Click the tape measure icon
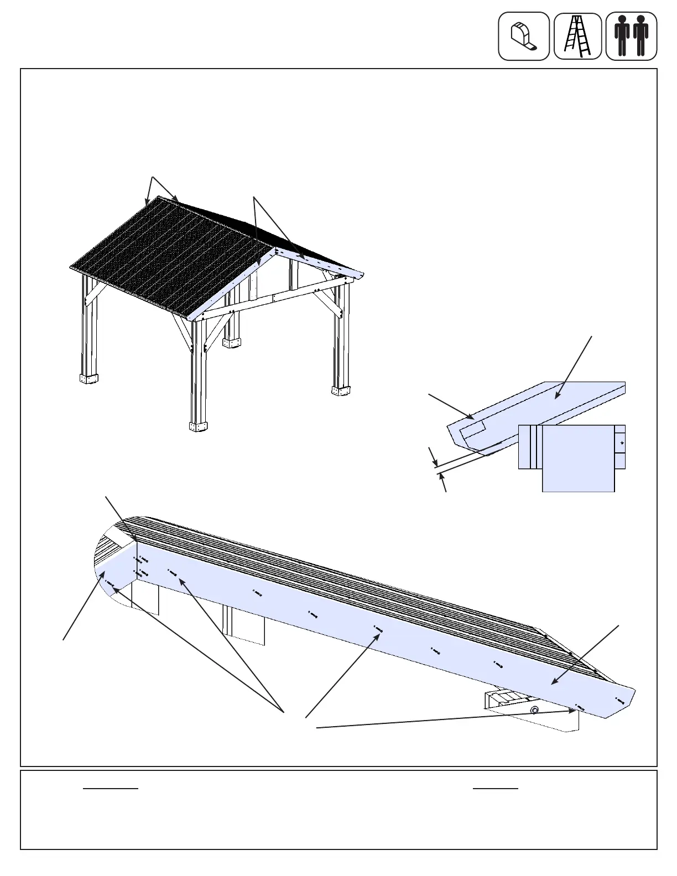tap(523, 36)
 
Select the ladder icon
tap(577, 36)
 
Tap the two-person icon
tap(631, 36)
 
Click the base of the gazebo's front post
tap(198, 426)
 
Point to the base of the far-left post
tap(88, 379)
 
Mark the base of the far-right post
tap(340, 390)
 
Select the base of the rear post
tap(233, 343)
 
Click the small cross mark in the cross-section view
tap(622, 443)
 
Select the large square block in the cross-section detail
tap(578, 458)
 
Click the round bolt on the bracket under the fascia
tap(534, 710)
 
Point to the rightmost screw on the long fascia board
tap(619, 700)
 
